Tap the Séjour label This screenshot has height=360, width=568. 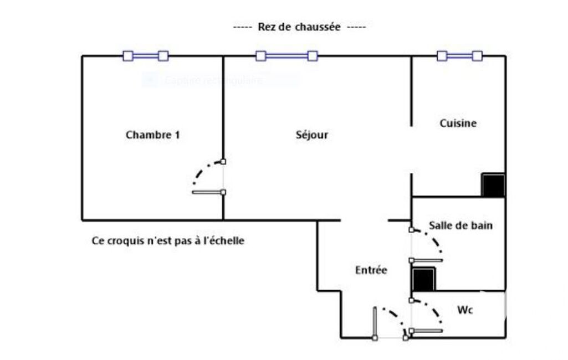(x=312, y=135)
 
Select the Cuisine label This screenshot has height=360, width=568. (x=458, y=123)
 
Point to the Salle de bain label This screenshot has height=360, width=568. (x=460, y=225)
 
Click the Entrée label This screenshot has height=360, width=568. (x=371, y=270)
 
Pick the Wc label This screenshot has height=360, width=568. (x=465, y=310)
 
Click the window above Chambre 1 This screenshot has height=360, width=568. (x=145, y=56)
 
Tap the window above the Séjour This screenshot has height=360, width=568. (x=286, y=56)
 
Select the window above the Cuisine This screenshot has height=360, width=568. (x=459, y=56)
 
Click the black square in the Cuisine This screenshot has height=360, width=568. (x=493, y=185)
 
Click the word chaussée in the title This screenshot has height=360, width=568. (x=314, y=27)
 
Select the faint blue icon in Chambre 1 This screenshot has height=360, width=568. (x=149, y=80)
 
